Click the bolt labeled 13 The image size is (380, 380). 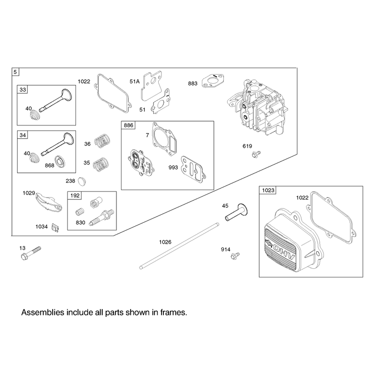(x=31, y=253)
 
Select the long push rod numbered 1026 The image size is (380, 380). (x=180, y=246)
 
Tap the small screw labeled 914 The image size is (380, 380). (x=235, y=256)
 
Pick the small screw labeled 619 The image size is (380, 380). (x=256, y=154)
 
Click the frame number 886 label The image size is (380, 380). (x=128, y=125)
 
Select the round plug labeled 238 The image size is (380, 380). (x=82, y=181)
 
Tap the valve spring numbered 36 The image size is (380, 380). (x=102, y=141)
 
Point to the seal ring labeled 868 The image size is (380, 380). (x=60, y=161)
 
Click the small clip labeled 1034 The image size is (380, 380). (x=56, y=228)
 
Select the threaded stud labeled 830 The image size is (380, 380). (x=102, y=217)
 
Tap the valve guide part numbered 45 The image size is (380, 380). (x=236, y=212)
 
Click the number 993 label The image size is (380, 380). (x=173, y=168)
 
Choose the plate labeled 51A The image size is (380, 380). (x=151, y=85)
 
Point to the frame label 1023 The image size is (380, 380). (x=268, y=190)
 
